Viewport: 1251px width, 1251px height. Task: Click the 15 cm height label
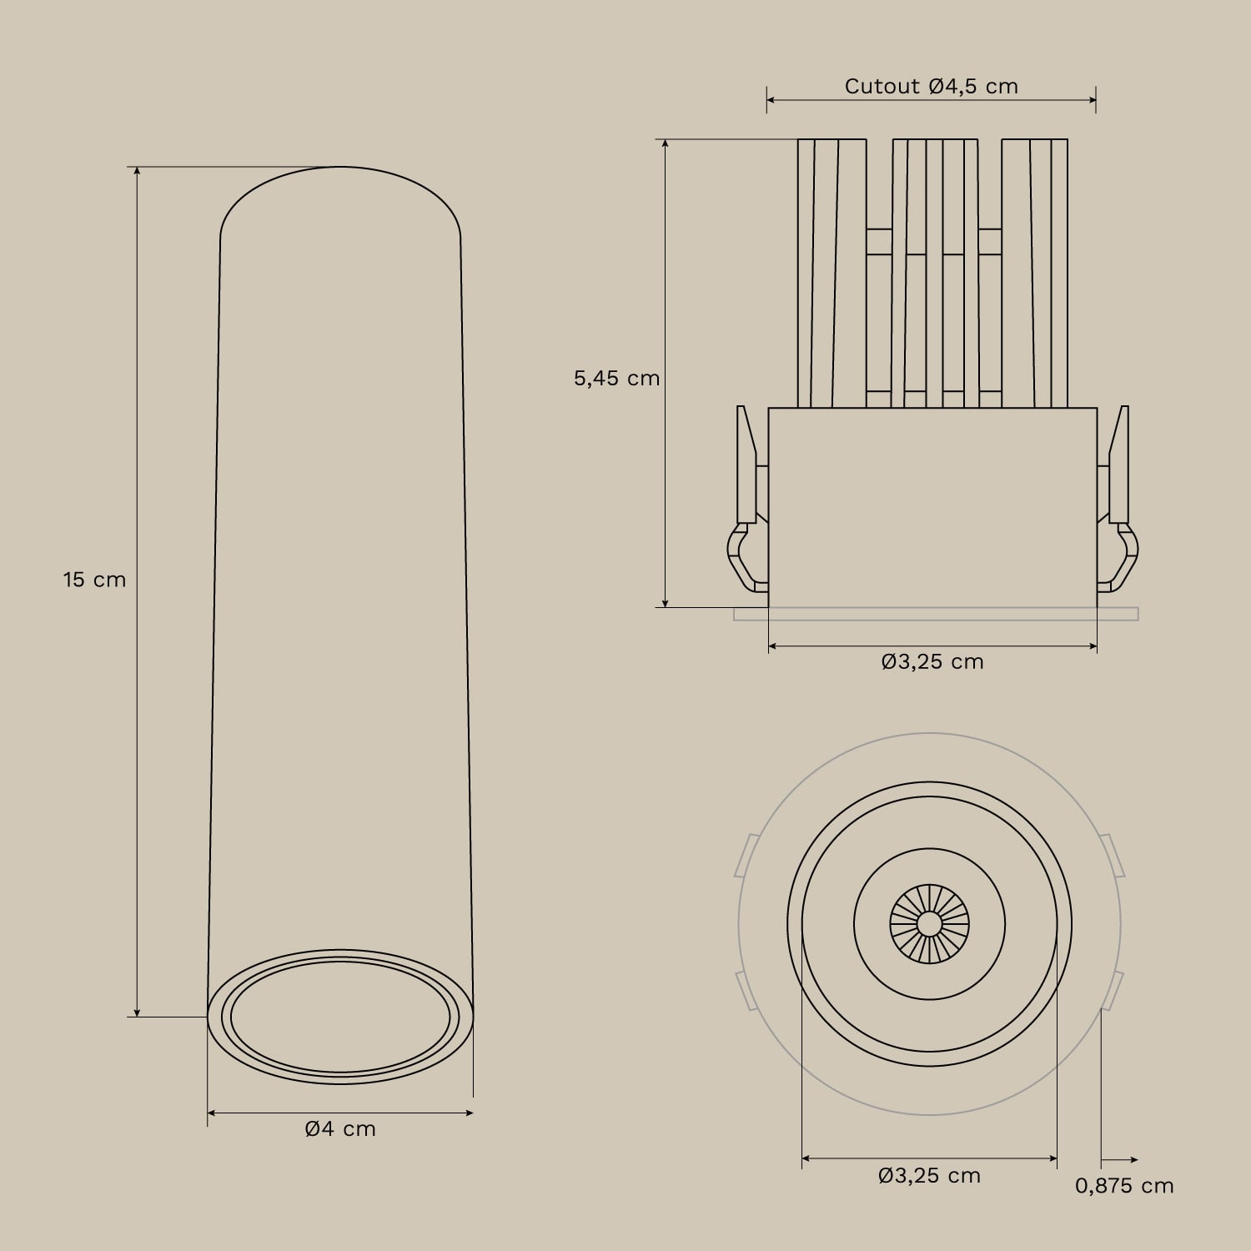point(94,579)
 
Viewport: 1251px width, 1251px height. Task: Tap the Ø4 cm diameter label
point(340,1129)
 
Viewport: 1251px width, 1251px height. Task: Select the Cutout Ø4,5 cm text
point(931,87)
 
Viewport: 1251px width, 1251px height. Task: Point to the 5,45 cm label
point(616,379)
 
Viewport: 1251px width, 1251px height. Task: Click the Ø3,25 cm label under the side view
point(932,662)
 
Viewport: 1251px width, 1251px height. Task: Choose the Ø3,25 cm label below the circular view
point(929,1176)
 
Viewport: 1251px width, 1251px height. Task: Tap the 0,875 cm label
point(1124,1186)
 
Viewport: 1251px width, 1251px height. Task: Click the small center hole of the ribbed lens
point(929,923)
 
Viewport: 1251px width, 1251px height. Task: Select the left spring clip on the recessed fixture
point(744,509)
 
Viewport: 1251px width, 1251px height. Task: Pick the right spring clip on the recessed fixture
point(1119,509)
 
